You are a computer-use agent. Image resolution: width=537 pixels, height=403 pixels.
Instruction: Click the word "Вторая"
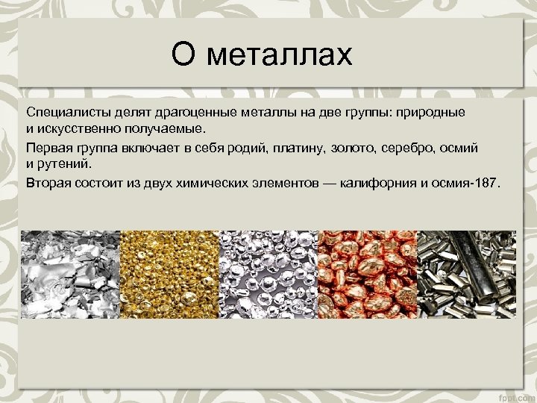(49, 182)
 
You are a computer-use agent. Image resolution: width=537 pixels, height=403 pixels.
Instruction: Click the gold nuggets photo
(169, 275)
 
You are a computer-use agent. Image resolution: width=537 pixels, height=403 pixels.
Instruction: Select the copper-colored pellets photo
(367, 275)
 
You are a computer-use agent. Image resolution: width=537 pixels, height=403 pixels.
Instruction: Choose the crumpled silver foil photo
(71, 275)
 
